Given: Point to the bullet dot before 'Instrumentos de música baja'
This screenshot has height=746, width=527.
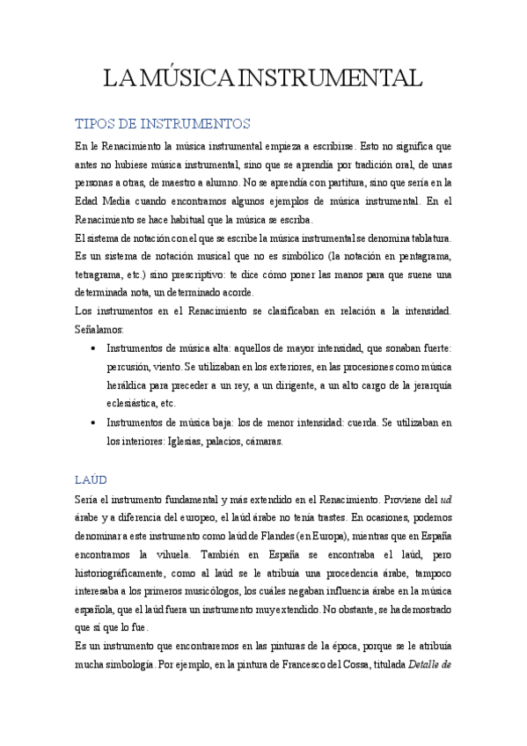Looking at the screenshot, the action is click(x=94, y=422).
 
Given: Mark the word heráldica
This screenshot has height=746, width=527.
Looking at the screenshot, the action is click(x=130, y=385).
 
